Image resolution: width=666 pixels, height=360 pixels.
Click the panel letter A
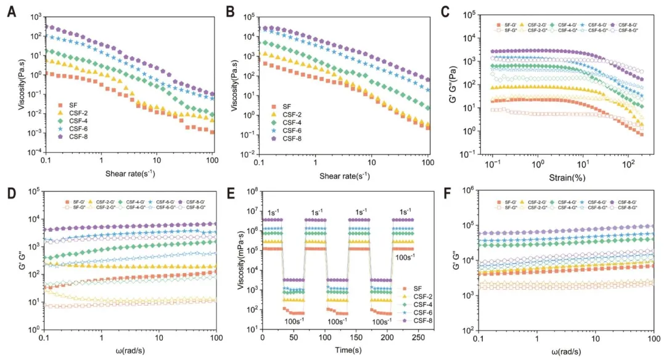12,10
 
